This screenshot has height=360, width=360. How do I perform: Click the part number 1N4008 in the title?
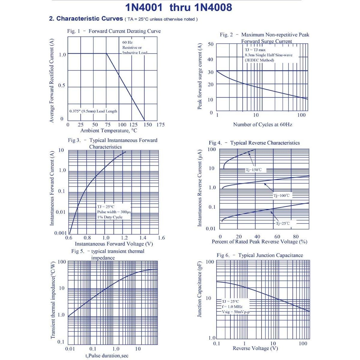click(213, 7)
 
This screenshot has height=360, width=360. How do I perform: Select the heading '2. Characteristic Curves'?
click(86, 19)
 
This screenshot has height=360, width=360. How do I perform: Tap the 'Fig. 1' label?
click(73, 31)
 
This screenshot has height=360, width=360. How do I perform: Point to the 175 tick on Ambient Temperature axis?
click(160, 125)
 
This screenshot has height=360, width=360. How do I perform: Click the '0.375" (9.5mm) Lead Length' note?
click(93, 111)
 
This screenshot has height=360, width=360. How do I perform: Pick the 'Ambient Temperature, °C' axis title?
click(109, 131)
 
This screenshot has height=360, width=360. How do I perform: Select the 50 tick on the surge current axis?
click(211, 44)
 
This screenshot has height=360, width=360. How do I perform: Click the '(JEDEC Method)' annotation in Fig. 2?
click(259, 60)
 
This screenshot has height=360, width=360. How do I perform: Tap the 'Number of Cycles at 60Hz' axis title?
click(262, 124)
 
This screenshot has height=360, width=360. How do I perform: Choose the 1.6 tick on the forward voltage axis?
click(161, 238)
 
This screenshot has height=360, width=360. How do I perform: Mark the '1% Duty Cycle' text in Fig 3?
click(110, 217)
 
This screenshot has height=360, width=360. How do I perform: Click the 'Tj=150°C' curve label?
click(254, 170)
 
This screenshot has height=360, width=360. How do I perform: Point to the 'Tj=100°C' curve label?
click(282, 196)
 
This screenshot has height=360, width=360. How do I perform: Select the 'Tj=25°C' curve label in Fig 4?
click(283, 223)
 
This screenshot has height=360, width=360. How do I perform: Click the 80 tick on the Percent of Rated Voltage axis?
click(296, 237)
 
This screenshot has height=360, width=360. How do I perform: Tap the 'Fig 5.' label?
click(78, 251)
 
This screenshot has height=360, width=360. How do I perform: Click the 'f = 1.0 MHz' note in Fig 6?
click(232, 307)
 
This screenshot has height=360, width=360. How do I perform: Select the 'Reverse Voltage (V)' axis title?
click(255, 348)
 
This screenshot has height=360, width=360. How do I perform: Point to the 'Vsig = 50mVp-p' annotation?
click(236, 312)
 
